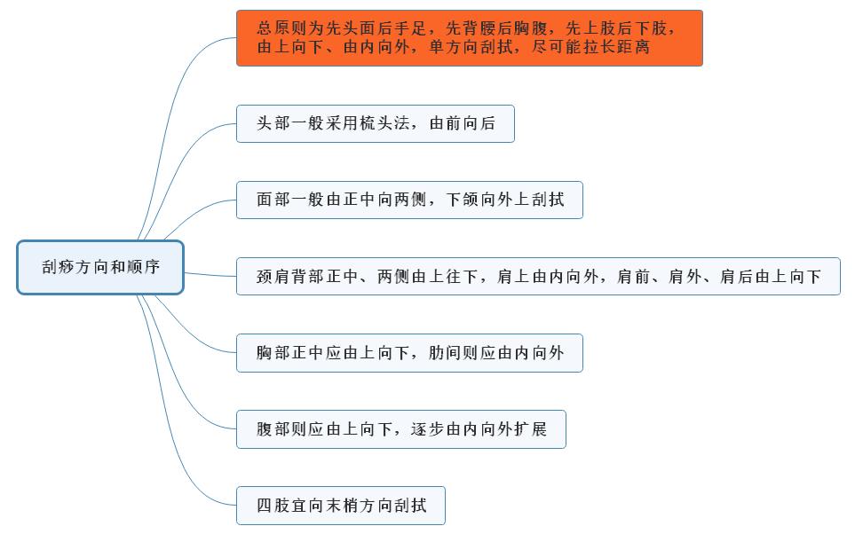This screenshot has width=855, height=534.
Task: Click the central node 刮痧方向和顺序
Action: point(100,267)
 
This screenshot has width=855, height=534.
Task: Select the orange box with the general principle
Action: point(469,38)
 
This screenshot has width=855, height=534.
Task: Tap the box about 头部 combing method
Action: point(375,124)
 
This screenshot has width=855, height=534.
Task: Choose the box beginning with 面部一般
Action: point(409,200)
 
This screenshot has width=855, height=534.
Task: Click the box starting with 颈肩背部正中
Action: point(538,277)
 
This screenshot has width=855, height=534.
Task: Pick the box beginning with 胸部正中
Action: point(409,353)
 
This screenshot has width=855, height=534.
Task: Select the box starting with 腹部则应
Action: point(400,429)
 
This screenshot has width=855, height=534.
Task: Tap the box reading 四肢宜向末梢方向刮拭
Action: point(340,506)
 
